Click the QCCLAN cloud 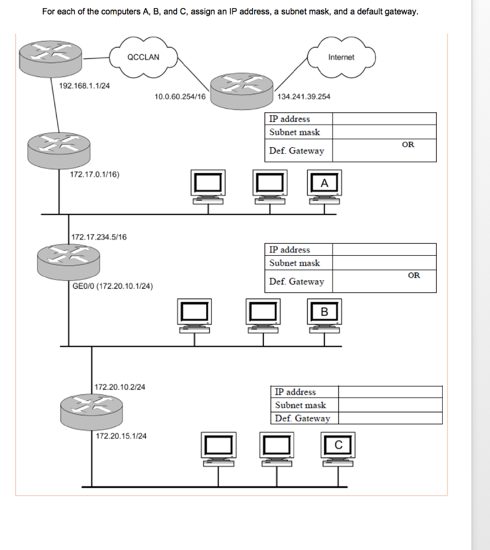(143, 57)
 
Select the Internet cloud (341, 57)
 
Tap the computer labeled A (323, 186)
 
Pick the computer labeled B (324, 315)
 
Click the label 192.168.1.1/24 (84, 86)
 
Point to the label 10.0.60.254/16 (179, 97)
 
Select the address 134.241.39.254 (304, 97)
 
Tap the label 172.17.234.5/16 (99, 237)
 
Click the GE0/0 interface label (113, 286)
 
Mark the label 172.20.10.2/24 (120, 387)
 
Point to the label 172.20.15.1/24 (121, 436)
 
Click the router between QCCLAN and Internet (241, 89)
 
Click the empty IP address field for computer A (384, 119)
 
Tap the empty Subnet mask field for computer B (384, 263)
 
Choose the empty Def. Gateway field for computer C (390, 418)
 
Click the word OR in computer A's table (408, 144)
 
